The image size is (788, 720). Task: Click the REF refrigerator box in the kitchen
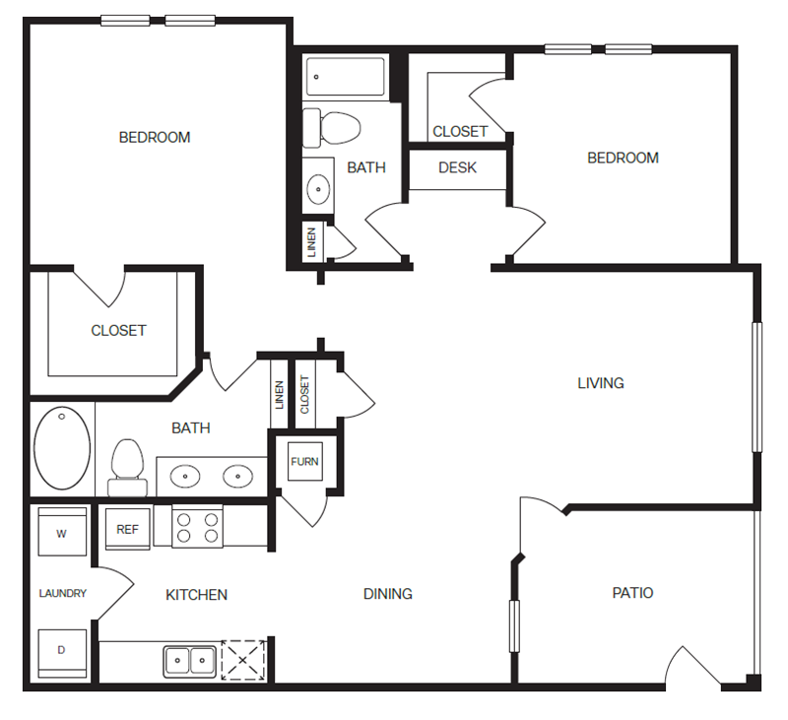128,529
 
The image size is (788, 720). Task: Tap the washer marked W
62,532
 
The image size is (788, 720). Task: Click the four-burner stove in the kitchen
198,527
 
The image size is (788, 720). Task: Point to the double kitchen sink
189,661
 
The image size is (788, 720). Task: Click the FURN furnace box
305,461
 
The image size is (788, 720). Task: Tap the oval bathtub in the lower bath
62,448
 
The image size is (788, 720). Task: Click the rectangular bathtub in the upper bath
347,77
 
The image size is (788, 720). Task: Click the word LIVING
601,383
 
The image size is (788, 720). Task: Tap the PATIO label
632,593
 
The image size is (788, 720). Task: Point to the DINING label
388,594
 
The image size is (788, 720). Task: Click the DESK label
457,167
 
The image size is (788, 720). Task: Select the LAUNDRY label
63,593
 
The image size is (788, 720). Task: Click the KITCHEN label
196,595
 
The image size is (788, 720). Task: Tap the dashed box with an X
243,660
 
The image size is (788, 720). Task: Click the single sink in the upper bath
318,189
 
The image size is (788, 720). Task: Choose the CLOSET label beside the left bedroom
118,331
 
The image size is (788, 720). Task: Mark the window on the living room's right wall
756,387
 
